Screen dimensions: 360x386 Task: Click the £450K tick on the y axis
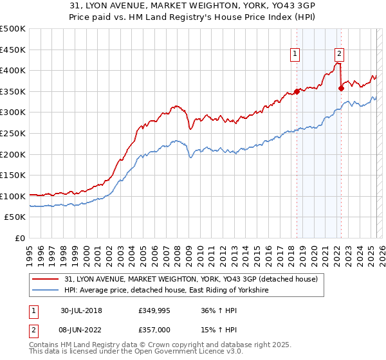pyautogui.click(x=13, y=49)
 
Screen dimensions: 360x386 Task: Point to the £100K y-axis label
pyautogui.click(x=13, y=196)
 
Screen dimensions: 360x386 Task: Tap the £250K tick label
pyautogui.click(x=13, y=133)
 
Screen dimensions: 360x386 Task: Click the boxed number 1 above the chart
pyautogui.click(x=295, y=55)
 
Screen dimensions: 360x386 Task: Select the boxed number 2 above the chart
pyautogui.click(x=339, y=55)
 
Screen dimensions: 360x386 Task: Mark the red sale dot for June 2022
pyautogui.click(x=341, y=89)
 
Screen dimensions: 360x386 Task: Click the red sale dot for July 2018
pyautogui.click(x=297, y=91)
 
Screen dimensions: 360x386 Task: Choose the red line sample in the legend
pyautogui.click(x=47, y=279)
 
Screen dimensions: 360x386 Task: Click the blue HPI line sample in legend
pyautogui.click(x=47, y=291)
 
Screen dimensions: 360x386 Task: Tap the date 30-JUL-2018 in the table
pyautogui.click(x=81, y=310)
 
